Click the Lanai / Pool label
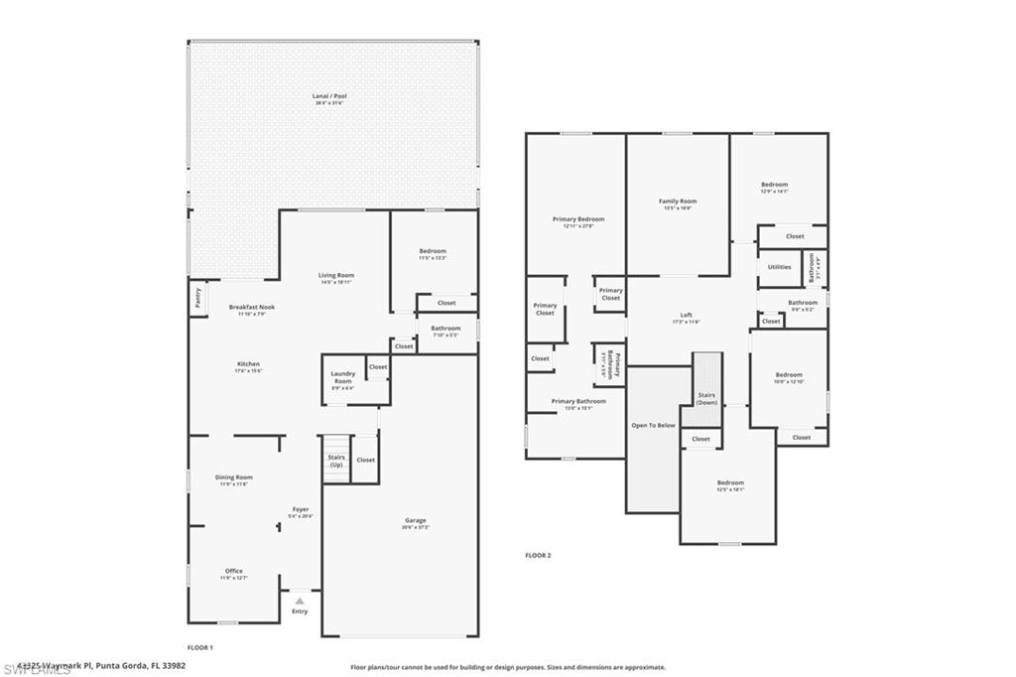pyautogui.click(x=330, y=96)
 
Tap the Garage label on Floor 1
pyautogui.click(x=415, y=520)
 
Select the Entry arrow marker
pyautogui.click(x=300, y=602)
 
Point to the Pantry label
pyautogui.click(x=198, y=299)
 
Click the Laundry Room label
pyautogui.click(x=342, y=377)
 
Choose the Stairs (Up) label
pyautogui.click(x=336, y=461)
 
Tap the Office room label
pyautogui.click(x=233, y=571)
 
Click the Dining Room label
pyautogui.click(x=233, y=477)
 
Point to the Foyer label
pyautogui.click(x=300, y=509)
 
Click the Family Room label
pyautogui.click(x=678, y=202)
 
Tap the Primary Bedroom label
pyautogui.click(x=577, y=219)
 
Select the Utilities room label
pyautogui.click(x=779, y=267)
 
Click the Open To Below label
pyautogui.click(x=653, y=425)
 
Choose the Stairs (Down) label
pyautogui.click(x=706, y=398)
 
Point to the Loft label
pyautogui.click(x=686, y=315)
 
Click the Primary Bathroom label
pyautogui.click(x=577, y=401)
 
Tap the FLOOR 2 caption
pyautogui.click(x=538, y=555)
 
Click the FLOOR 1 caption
pyautogui.click(x=200, y=647)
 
